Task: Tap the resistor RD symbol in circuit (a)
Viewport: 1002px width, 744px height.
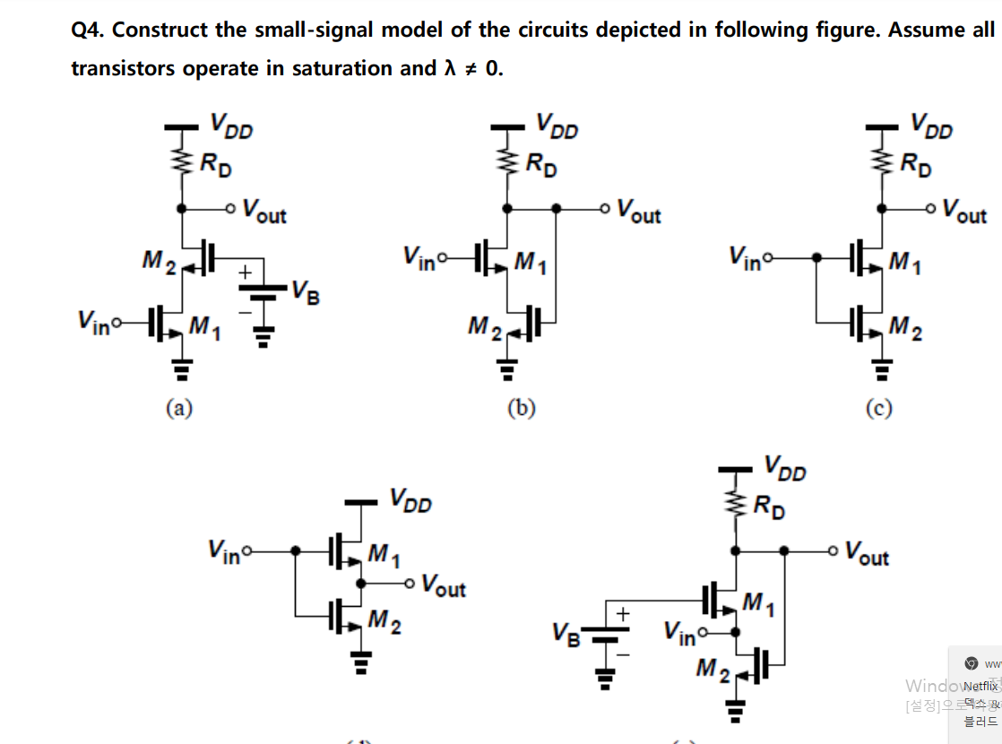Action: click(182, 162)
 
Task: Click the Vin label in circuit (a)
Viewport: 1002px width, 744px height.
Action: click(94, 319)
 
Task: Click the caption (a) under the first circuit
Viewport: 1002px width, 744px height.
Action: click(179, 409)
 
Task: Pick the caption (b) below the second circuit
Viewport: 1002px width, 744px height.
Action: click(522, 409)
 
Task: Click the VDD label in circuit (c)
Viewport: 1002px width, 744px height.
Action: click(931, 125)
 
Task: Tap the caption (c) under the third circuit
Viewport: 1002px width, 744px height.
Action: click(878, 409)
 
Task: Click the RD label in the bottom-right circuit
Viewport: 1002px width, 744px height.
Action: click(767, 507)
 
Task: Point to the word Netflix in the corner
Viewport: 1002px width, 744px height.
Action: click(980, 686)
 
